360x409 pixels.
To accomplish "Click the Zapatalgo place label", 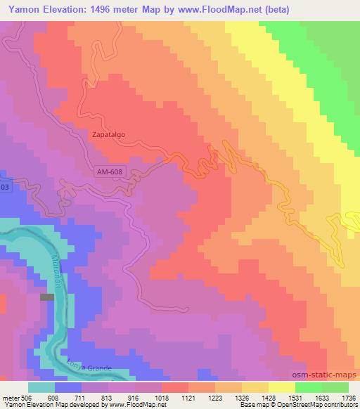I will click(109, 130).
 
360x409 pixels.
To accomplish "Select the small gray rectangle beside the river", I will click(47, 297).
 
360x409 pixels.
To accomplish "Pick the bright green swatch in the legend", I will click(308, 387).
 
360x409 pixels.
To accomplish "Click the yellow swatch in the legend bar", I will click(281, 387).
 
